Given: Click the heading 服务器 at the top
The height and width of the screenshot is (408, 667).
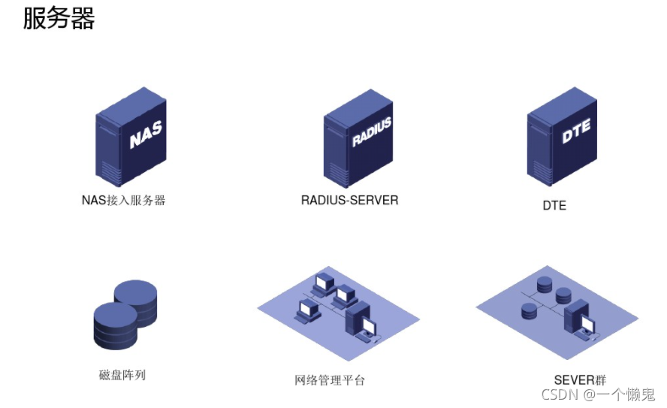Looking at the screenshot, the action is click(59, 18).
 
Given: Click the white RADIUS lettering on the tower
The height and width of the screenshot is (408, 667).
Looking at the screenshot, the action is click(372, 133).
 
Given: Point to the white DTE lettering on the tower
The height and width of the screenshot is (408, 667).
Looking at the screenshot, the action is click(576, 131).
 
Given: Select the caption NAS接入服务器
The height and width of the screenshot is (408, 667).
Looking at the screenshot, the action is click(123, 200).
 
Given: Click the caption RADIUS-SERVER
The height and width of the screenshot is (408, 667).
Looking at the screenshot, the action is click(349, 200).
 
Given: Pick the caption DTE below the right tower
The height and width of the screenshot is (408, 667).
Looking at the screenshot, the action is click(554, 204).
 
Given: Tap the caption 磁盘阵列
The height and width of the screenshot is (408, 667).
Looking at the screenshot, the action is click(122, 373).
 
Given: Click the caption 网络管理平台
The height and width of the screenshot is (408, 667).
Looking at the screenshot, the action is click(330, 379).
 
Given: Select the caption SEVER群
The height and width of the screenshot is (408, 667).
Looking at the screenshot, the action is click(580, 379).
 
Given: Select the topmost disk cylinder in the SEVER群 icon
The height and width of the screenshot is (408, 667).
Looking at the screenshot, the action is click(544, 284).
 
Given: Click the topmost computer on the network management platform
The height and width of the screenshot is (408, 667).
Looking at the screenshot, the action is click(324, 283).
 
